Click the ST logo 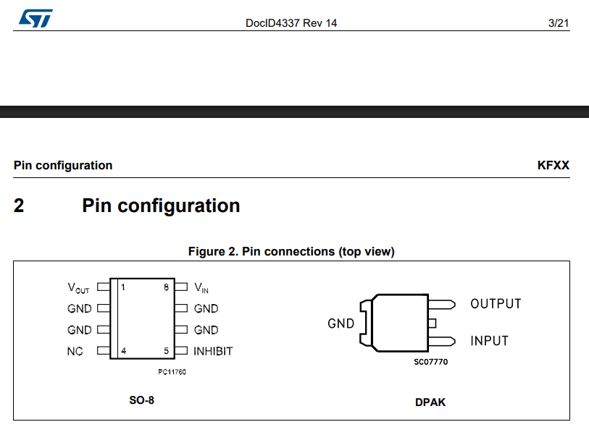tap(35, 18)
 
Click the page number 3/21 tap(558, 23)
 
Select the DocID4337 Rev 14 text tap(291, 23)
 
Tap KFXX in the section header tap(554, 165)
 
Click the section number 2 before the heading tap(19, 206)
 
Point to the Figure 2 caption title tap(291, 251)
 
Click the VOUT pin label tap(78, 288)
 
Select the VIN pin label tap(201, 288)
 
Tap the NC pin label tap(75, 351)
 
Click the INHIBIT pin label tap(213, 351)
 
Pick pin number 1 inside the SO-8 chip tap(123, 287)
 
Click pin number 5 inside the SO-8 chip tap(166, 351)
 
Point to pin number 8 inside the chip tap(166, 287)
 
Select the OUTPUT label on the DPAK tap(496, 304)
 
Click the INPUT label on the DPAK tap(490, 341)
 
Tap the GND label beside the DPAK tap(341, 323)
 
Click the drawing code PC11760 tap(172, 372)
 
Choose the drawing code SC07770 tap(431, 362)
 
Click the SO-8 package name tap(141, 400)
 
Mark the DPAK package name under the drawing tap(430, 402)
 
